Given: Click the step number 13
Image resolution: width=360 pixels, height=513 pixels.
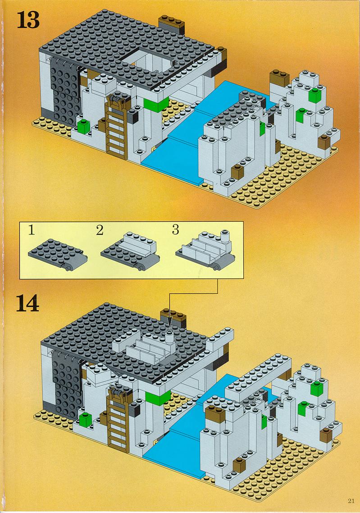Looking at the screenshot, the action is pyautogui.click(x=28, y=20).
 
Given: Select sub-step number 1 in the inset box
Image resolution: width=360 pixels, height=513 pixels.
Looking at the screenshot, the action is pyautogui.click(x=32, y=230).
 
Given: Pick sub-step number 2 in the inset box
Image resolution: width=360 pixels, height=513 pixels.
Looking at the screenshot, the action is pyautogui.click(x=100, y=230).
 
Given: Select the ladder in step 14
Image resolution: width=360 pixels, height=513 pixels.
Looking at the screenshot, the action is pyautogui.click(x=118, y=419).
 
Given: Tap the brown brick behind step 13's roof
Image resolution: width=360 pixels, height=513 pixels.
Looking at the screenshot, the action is pyautogui.click(x=172, y=24).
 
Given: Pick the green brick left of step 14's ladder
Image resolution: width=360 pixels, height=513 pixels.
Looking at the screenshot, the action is pyautogui.click(x=85, y=420).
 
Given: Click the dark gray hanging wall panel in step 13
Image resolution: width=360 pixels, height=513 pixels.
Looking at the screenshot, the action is pyautogui.click(x=65, y=93).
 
